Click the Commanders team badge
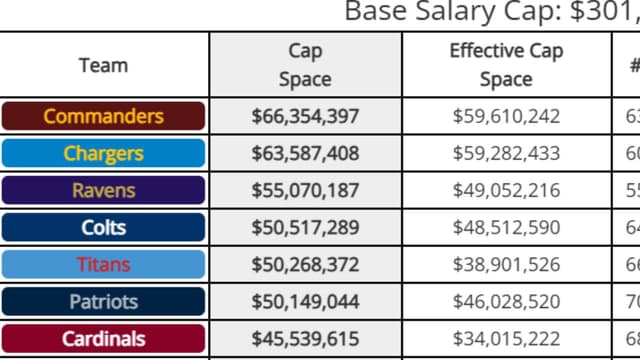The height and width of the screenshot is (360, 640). pos(103,116)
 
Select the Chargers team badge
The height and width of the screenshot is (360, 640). pos(103,153)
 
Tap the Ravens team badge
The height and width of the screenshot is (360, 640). pos(103,190)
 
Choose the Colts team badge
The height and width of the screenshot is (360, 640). pos(103,227)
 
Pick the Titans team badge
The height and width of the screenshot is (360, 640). pos(103,264)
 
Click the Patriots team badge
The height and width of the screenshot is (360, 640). pos(103,301)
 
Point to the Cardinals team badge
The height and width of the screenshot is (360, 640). pos(103,338)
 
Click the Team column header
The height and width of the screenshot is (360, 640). pos(103,65)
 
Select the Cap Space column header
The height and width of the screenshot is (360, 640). pos(305,65)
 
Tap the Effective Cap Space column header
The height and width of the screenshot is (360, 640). pos(505,65)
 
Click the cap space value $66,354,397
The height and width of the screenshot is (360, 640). pos(305,116)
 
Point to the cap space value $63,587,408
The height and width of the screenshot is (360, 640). pos(305,153)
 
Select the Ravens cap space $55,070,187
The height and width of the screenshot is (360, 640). pos(305,190)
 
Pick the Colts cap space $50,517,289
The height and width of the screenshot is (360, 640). pos(305,227)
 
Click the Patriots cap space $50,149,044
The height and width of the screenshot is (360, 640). pos(305,301)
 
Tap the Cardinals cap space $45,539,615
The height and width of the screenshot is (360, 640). pos(305,338)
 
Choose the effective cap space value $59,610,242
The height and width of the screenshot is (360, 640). pos(506,116)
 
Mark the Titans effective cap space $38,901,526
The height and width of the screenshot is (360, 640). pos(506,264)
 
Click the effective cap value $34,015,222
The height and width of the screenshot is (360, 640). pos(506,338)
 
